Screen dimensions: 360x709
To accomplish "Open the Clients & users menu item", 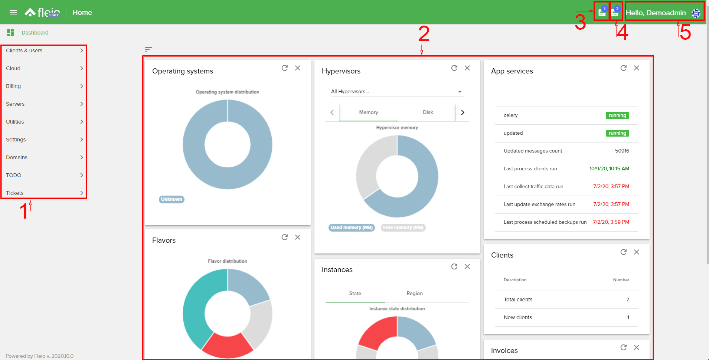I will click(24, 50).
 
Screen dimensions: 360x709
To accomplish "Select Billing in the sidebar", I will click(13, 86).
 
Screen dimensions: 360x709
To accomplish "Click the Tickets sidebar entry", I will click(15, 193).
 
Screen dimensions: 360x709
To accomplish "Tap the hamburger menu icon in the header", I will click(13, 12).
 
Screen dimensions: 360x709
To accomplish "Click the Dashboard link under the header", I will click(35, 33).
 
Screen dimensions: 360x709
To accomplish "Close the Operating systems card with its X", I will click(298, 68).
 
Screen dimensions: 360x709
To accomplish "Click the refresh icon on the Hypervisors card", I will click(454, 68).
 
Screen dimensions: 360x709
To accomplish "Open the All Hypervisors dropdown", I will click(396, 91).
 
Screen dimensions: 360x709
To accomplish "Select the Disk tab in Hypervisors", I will click(428, 112).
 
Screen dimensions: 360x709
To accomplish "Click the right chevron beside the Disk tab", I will click(463, 112).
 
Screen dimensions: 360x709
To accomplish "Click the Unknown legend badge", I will click(171, 199).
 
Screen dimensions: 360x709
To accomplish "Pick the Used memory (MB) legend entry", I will click(352, 228).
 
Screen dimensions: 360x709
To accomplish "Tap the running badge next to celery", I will click(617, 115).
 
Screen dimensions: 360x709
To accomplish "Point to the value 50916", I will click(622, 151).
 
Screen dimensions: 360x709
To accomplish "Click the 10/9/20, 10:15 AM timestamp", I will click(609, 168).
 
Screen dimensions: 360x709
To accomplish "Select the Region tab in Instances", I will click(414, 293).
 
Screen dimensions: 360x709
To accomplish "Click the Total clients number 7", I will click(628, 300).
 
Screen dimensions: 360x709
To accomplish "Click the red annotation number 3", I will click(580, 23).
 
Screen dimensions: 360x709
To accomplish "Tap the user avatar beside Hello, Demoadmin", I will click(696, 13).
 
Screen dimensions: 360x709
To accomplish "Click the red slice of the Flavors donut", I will click(227, 346).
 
